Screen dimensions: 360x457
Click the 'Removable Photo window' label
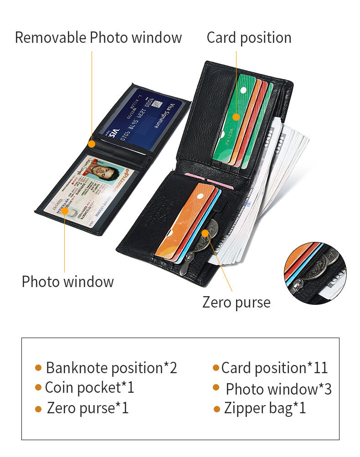[98, 37]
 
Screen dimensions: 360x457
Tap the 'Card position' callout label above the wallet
[249, 37]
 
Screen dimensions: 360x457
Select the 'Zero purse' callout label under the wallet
[236, 302]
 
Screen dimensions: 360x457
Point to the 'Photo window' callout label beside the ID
[67, 282]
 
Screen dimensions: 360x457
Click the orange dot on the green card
[236, 117]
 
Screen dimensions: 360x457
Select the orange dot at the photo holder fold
[92, 144]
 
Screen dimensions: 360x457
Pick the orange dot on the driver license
[65, 211]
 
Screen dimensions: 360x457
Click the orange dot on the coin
[206, 233]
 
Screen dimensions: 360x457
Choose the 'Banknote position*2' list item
[111, 368]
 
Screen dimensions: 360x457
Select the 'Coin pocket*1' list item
[89, 388]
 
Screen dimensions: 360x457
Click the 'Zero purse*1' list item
[87, 408]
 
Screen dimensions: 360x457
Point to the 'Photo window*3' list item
[278, 389]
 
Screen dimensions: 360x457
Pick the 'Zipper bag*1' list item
[265, 408]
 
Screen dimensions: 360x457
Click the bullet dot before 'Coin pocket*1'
[38, 388]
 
